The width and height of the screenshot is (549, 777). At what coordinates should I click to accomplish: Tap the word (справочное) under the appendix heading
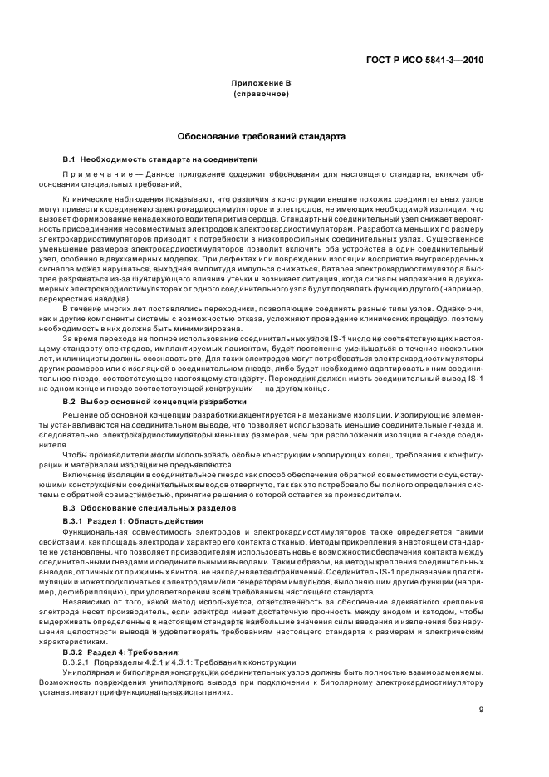click(x=261, y=94)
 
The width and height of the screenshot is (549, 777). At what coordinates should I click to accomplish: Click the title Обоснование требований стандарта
click(x=261, y=135)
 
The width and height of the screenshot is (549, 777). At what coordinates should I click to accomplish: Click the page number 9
click(x=481, y=709)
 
